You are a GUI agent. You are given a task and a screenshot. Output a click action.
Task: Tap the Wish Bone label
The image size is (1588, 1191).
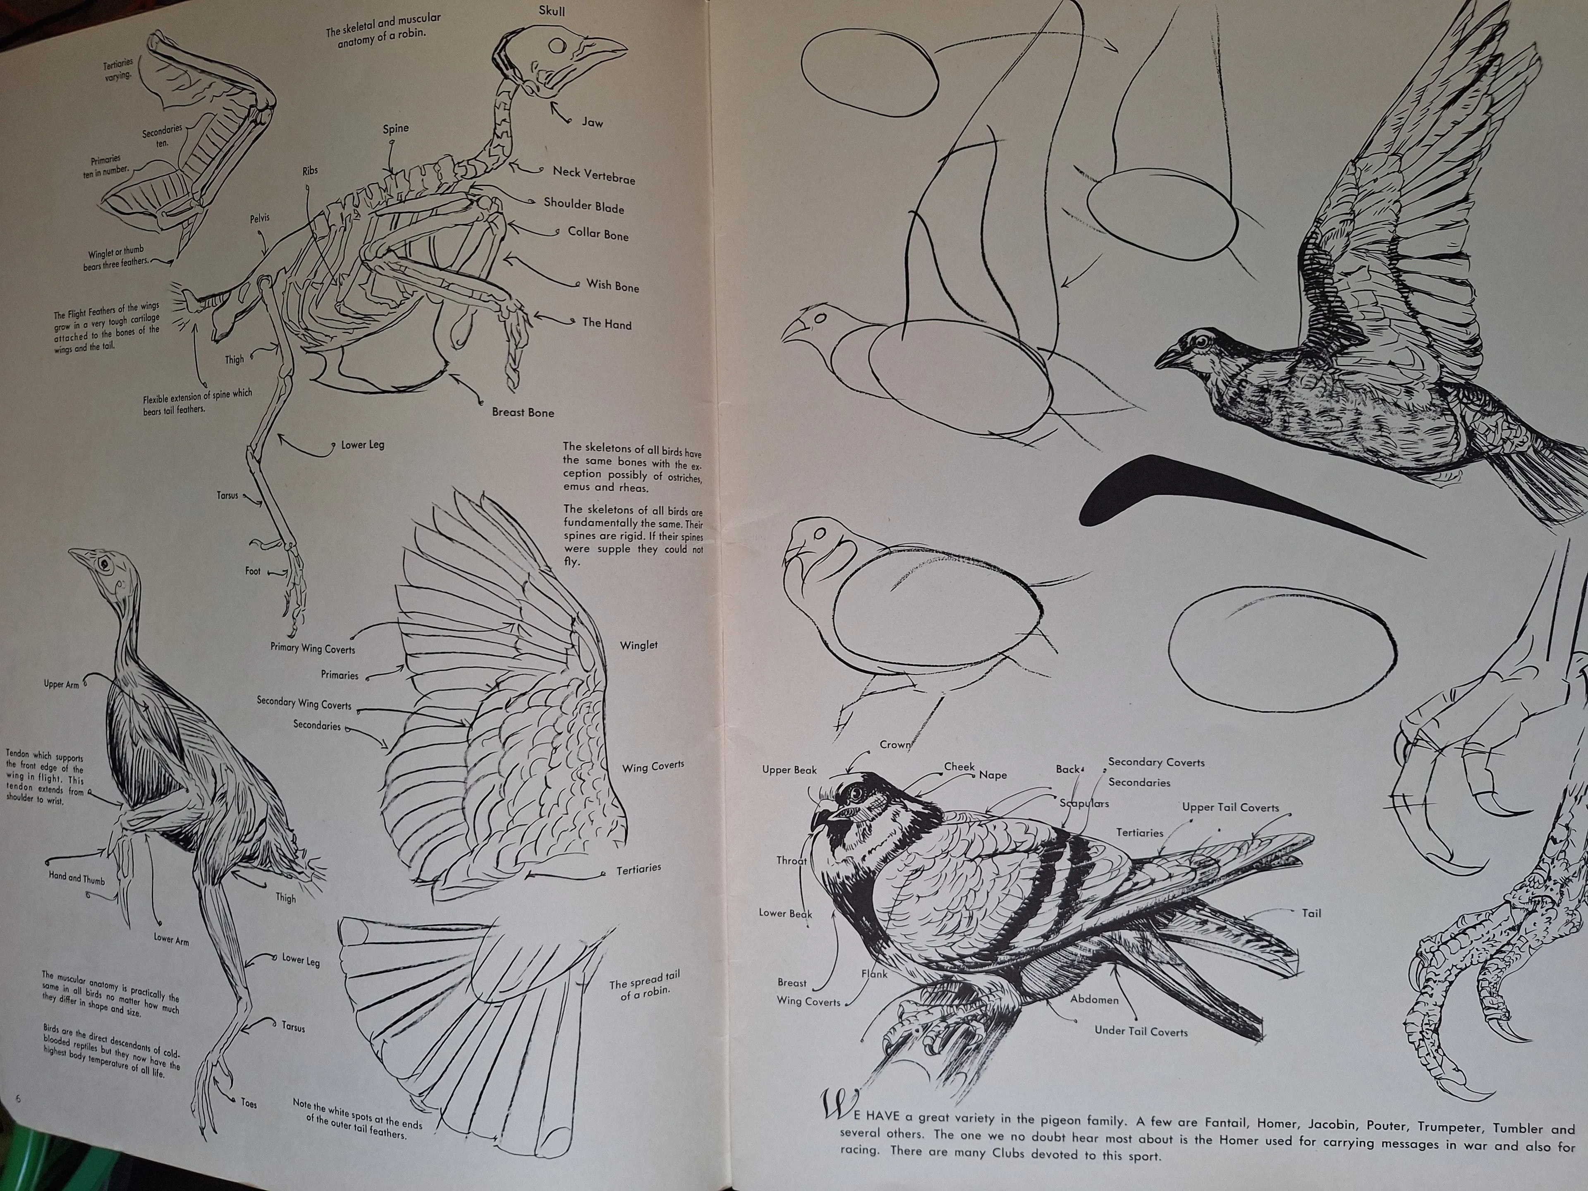tap(612, 286)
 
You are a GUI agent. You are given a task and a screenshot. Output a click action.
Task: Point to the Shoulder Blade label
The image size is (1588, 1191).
tap(584, 205)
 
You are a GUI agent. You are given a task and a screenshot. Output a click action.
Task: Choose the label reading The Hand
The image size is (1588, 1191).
tap(607, 324)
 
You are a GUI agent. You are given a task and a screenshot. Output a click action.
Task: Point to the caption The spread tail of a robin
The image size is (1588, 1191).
tap(644, 986)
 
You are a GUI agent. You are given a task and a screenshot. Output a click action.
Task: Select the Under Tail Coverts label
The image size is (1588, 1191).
tap(1141, 1032)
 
